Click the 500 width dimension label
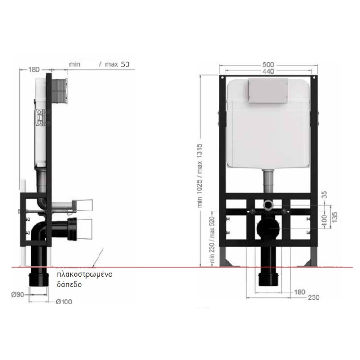(268, 65)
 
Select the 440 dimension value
(268, 72)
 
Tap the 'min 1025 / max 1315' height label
(199, 175)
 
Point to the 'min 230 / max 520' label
(212, 240)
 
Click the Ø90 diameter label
(18, 294)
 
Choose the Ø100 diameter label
(64, 301)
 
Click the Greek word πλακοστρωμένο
(85, 274)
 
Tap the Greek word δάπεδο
(69, 284)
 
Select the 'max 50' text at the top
(117, 64)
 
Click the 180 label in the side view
(34, 69)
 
